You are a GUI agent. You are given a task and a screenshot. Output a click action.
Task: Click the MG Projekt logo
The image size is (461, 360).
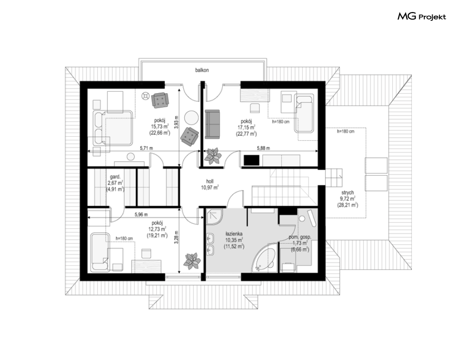pos(422,16)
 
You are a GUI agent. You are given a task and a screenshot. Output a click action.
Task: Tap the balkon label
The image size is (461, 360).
pos(202,70)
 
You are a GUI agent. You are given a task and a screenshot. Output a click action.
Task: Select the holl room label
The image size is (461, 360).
pos(209,182)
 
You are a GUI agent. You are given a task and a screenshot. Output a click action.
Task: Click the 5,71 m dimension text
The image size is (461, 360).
pos(146,148)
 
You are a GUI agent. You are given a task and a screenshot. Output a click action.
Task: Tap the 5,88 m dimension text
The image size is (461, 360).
pos(263,148)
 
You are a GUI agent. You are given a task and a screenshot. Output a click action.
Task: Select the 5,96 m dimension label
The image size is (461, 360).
pos(141,215)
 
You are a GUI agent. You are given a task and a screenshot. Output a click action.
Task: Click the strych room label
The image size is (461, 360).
pos(348,193)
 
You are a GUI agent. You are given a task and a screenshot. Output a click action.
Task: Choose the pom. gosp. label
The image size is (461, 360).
pos(300,237)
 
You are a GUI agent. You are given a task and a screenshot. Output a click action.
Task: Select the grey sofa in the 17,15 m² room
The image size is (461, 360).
pos(212,124)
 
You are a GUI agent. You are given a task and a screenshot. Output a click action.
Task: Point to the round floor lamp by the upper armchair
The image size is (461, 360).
pos(145,96)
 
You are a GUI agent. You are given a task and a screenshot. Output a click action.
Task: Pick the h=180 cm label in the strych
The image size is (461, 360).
pos(346,132)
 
